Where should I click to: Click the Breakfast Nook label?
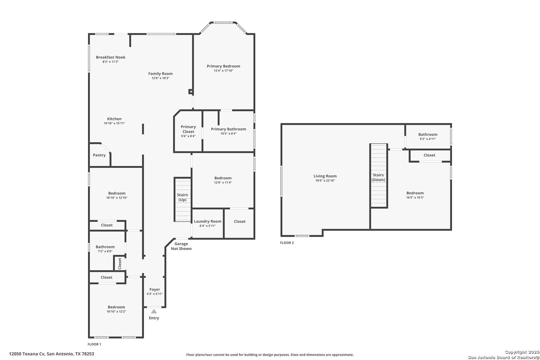click(111, 57)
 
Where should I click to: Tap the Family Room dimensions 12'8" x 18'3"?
click(160, 78)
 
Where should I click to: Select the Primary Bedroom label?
click(223, 66)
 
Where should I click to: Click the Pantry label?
click(99, 155)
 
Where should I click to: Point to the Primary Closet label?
click(188, 129)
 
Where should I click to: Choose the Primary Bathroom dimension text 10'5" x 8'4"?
click(229, 134)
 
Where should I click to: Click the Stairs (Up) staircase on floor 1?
click(183, 200)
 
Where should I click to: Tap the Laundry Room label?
click(208, 221)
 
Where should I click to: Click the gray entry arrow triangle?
click(154, 311)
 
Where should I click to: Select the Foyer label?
click(155, 289)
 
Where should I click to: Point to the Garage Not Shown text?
click(181, 246)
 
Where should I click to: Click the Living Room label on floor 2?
click(325, 176)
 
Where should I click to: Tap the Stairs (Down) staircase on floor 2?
click(379, 176)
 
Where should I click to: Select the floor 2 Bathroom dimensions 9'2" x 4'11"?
click(428, 139)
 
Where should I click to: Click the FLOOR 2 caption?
click(287, 243)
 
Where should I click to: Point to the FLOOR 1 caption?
click(94, 344)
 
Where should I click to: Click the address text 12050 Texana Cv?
click(27, 354)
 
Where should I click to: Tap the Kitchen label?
click(114, 119)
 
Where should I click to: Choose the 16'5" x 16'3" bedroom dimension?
click(415, 197)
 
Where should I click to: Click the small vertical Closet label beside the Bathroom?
click(120, 264)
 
